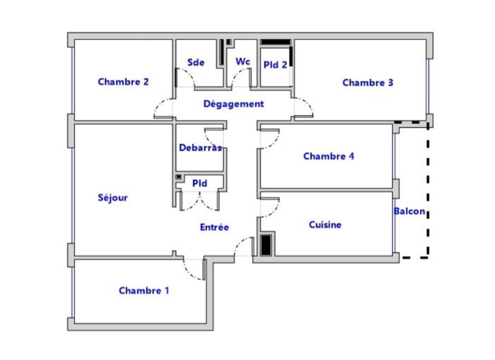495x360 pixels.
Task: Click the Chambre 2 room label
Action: (123, 82)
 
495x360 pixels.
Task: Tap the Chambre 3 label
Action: (368, 83)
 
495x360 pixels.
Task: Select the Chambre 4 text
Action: (328, 156)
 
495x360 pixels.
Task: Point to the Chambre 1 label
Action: (144, 290)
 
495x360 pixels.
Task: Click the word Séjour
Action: (113, 198)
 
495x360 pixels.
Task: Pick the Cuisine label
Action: (325, 225)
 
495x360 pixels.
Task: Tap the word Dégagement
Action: (233, 104)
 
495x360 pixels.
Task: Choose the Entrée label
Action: (214, 227)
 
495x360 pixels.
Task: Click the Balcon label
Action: (410, 211)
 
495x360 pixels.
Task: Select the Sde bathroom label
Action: (196, 62)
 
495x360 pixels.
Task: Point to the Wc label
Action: (243, 62)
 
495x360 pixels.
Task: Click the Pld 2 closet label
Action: (275, 65)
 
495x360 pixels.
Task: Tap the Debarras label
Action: (200, 148)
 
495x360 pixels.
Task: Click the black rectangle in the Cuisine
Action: (266, 245)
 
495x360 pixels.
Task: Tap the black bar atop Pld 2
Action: (275, 42)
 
